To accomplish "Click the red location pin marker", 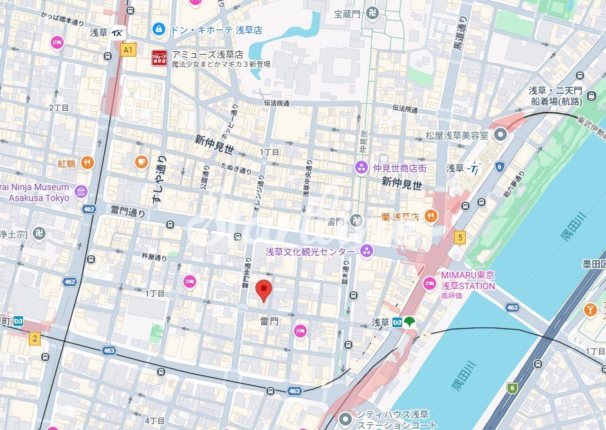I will click(x=264, y=291).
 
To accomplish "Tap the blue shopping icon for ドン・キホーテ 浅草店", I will click(x=158, y=30).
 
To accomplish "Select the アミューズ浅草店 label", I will click(x=207, y=55).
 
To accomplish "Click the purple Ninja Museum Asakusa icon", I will click(x=80, y=192).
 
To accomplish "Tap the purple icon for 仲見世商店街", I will click(x=362, y=168).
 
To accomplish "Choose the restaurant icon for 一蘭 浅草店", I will click(x=431, y=217).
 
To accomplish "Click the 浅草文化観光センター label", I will click(x=310, y=251).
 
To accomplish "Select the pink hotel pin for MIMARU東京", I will click(x=429, y=283).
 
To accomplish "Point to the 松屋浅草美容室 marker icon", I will click(x=500, y=136).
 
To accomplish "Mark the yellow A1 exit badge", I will click(x=129, y=49).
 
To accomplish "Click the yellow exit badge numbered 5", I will click(x=459, y=237).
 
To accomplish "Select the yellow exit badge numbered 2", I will click(x=35, y=338).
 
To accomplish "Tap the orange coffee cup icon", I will click(x=141, y=162).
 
